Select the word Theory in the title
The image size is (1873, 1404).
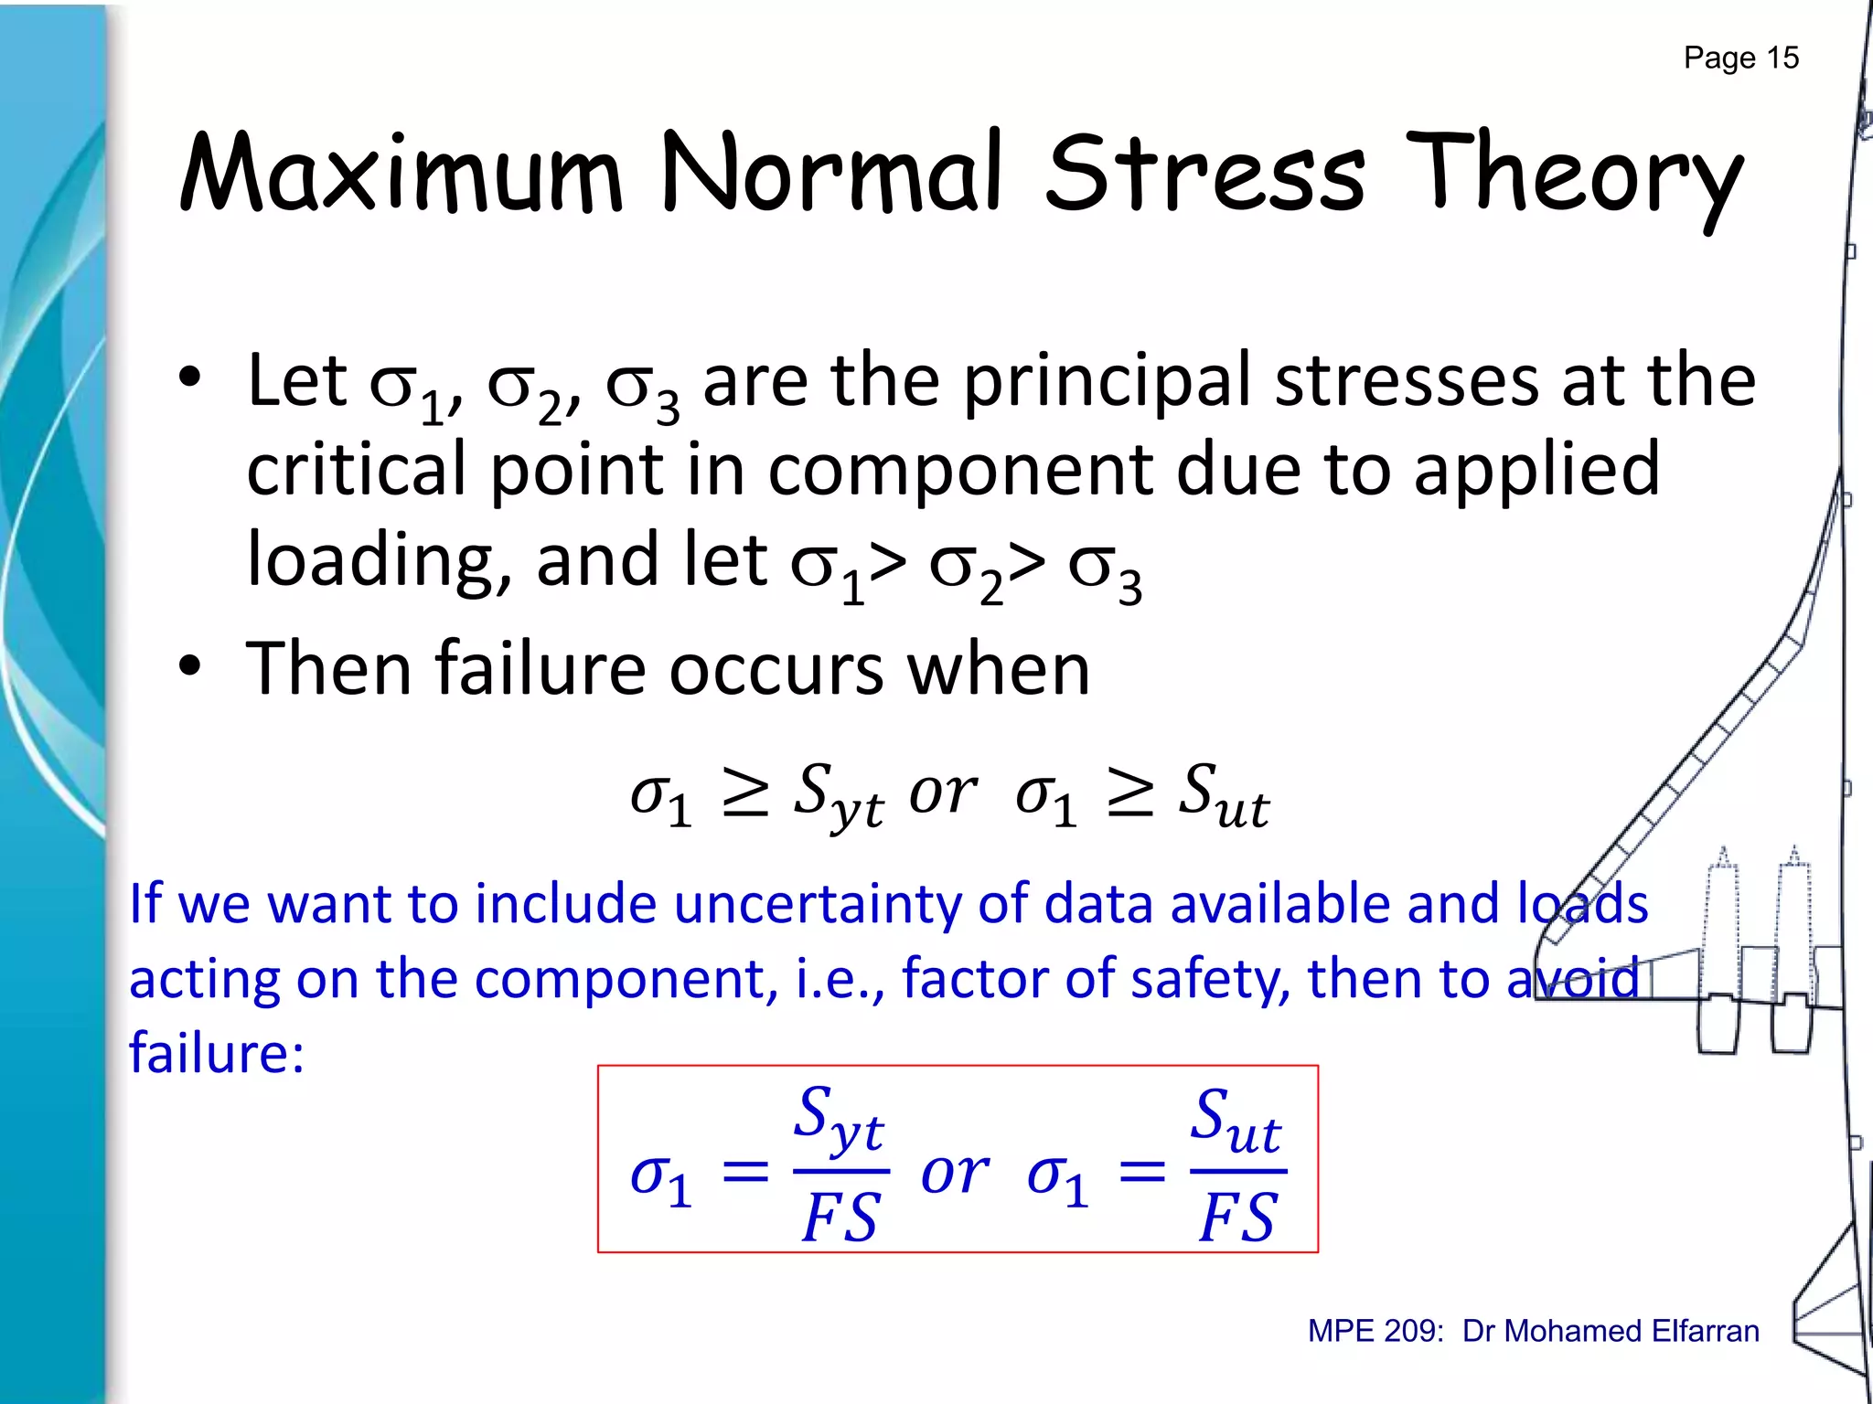tap(1572, 174)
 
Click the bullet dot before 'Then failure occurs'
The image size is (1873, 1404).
tap(189, 665)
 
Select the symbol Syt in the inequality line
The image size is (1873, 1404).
tap(837, 794)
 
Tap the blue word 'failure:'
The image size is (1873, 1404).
tap(217, 1053)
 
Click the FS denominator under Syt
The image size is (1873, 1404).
tap(840, 1218)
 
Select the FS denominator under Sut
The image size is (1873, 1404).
tap(1236, 1218)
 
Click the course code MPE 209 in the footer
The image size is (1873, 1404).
tap(1375, 1331)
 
